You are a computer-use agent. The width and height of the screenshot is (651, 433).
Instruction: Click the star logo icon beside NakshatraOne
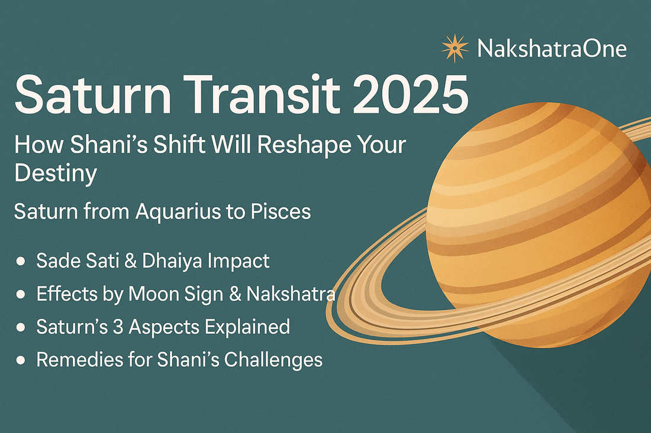point(455,48)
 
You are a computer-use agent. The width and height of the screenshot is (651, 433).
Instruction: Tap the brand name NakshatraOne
point(552,48)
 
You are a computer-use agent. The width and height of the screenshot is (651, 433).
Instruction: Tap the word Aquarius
point(178,211)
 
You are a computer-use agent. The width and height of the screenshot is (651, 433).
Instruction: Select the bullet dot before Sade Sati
point(20,262)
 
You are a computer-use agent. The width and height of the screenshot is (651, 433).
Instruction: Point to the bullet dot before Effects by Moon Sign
point(20,294)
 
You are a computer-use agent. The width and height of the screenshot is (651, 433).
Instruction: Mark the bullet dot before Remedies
point(20,360)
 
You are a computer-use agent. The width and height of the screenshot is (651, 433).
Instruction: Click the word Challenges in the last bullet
point(273,360)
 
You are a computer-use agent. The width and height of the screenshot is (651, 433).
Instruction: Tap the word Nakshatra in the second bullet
point(291,294)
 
